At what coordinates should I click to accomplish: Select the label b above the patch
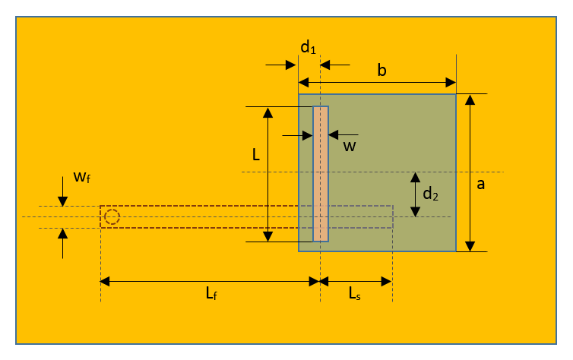coord(382,71)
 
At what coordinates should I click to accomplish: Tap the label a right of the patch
coord(480,184)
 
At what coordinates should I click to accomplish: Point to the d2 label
coord(430,194)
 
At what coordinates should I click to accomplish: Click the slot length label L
coord(256,154)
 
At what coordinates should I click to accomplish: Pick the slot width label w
coord(349,146)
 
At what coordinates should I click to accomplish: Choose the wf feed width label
coord(83,178)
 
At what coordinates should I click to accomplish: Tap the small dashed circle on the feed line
coord(112,217)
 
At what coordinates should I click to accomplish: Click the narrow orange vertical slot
coord(321,174)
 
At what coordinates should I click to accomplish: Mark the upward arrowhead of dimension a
coord(470,99)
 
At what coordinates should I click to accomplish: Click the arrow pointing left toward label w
coord(334,136)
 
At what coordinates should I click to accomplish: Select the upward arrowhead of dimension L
coord(268,112)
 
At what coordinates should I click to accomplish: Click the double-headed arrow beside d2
coord(415,194)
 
